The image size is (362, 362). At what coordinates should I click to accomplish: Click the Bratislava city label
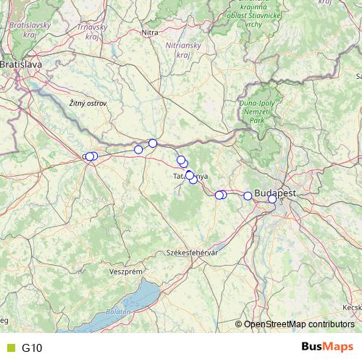21,64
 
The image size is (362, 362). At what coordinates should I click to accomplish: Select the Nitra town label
150,33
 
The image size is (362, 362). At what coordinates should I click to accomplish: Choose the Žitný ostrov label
88,104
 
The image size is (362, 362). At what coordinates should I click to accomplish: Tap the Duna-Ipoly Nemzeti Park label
256,113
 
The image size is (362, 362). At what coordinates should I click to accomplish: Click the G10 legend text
32,348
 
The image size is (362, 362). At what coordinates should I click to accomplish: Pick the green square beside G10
10,348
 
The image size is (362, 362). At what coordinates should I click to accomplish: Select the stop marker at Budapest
271,198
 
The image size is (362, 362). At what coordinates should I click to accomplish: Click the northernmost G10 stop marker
153,143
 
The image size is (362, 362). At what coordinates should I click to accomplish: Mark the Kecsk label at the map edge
352,308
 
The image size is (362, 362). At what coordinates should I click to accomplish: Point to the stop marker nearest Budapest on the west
248,196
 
